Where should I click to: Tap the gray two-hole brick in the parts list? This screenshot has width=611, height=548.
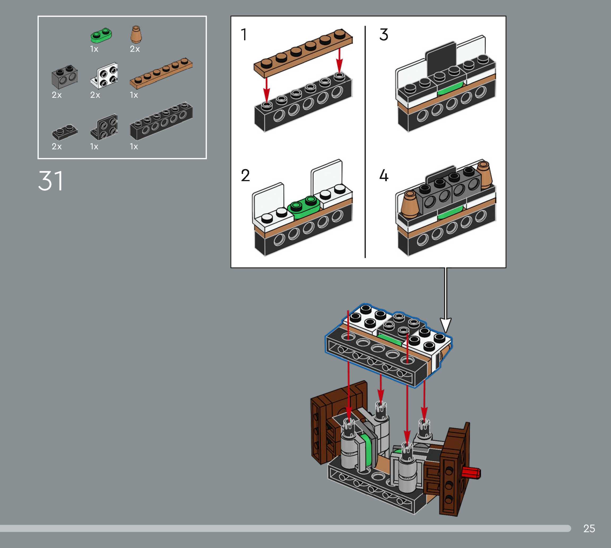coord(65,77)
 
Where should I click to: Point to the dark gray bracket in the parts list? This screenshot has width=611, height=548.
coord(105,127)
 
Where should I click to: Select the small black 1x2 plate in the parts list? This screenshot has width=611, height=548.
coord(64,132)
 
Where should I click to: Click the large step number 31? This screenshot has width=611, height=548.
coord(51,181)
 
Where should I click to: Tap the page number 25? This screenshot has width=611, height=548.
coord(589,528)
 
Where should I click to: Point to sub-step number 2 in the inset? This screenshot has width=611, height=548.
coord(245,175)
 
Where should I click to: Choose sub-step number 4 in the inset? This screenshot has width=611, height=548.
coord(384,175)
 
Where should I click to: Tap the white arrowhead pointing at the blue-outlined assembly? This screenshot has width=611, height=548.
coord(446,325)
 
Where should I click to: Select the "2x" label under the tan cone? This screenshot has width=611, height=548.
coord(135,49)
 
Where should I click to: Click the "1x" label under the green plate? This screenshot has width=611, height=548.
coord(94,49)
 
